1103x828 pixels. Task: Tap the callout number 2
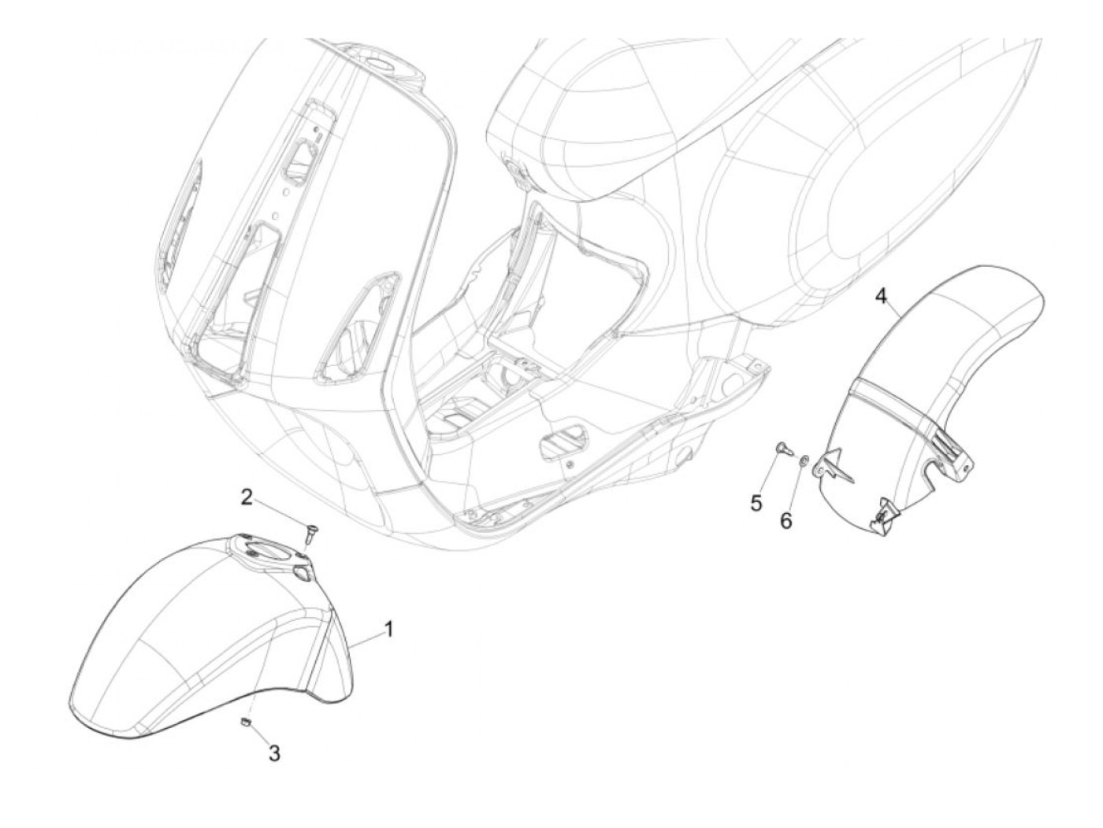[x=247, y=497]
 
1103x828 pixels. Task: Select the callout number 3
[x=273, y=753]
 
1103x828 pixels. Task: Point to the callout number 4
[x=882, y=297]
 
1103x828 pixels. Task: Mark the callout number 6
[x=785, y=521]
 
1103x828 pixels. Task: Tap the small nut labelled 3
[x=246, y=723]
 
